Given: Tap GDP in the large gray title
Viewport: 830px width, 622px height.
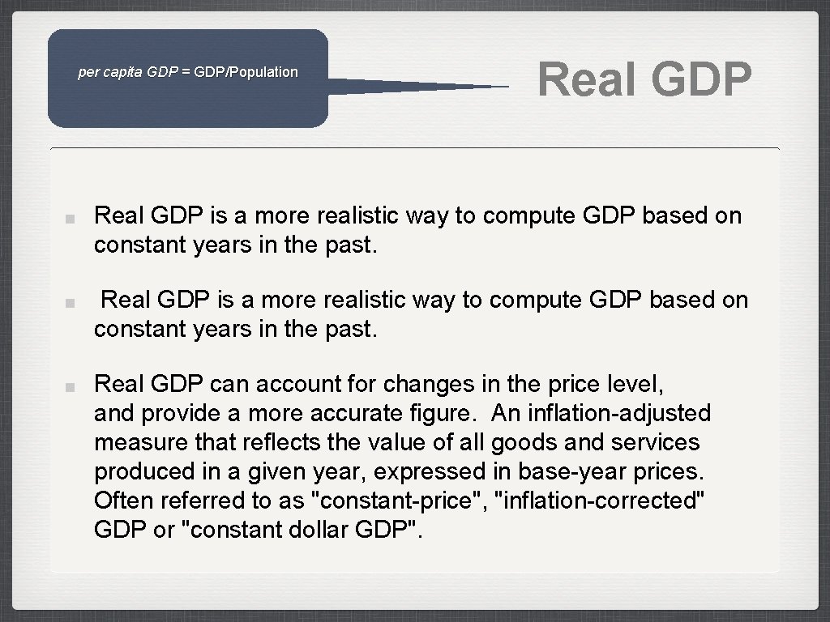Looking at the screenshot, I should click(x=700, y=79).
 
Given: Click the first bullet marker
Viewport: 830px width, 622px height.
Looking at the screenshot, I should click(x=71, y=218).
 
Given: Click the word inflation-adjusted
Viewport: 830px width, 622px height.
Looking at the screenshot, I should click(x=619, y=413).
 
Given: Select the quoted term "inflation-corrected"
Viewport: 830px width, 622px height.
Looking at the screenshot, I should click(x=605, y=501).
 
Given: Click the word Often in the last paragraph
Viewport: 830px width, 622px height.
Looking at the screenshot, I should click(x=117, y=501).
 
